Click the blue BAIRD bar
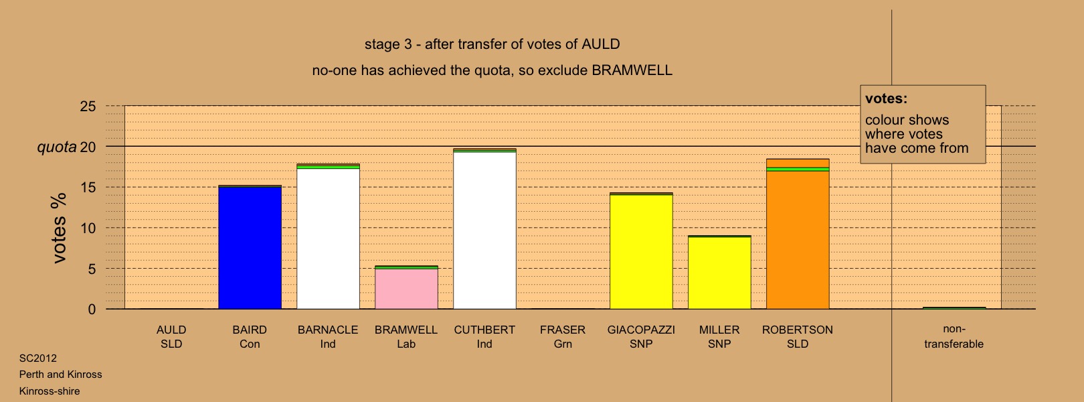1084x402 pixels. [x=250, y=247]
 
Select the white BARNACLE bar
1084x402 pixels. [x=328, y=237]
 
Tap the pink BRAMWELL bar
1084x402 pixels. [x=407, y=287]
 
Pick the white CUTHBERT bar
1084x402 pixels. [x=485, y=228]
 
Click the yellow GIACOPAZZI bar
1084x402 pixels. [x=641, y=251]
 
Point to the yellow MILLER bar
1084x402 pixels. [x=719, y=272]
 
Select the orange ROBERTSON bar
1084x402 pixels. [x=798, y=234]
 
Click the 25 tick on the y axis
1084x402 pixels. [x=88, y=106]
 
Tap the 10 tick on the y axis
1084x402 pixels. [x=88, y=228]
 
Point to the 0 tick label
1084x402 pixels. [x=92, y=310]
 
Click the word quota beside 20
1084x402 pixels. [x=57, y=147]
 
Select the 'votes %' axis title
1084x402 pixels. [x=59, y=228]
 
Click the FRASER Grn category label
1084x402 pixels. [x=563, y=336]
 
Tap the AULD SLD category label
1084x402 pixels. [x=171, y=336]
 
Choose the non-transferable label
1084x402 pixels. [x=954, y=336]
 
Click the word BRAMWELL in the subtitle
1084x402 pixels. [x=632, y=70]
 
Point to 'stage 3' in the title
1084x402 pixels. [x=388, y=44]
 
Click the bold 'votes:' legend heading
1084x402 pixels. [x=886, y=98]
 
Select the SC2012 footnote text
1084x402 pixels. [x=37, y=358]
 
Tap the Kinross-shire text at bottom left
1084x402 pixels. [x=50, y=391]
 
